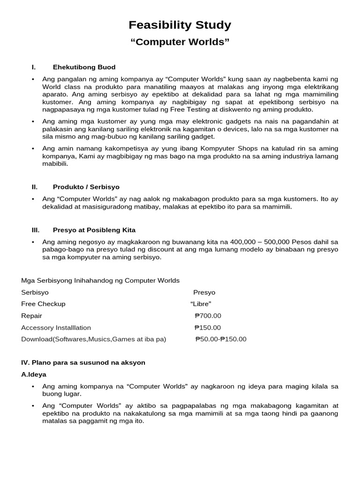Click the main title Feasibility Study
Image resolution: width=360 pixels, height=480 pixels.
pyautogui.click(x=180, y=25)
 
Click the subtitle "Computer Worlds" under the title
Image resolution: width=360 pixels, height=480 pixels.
pyautogui.click(x=180, y=43)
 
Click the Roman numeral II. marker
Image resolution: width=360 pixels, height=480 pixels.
pyautogui.click(x=34, y=187)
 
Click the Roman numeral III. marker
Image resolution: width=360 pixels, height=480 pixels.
pyautogui.click(x=35, y=230)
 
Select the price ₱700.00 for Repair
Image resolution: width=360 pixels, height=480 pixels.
pyautogui.click(x=208, y=316)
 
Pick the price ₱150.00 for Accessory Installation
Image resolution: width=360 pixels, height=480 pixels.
pyautogui.click(x=208, y=328)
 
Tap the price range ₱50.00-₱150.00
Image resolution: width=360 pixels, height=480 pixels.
pyautogui.click(x=220, y=339)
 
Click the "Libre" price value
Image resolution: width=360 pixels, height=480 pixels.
pyautogui.click(x=201, y=304)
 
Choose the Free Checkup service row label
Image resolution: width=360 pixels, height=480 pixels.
pyautogui.click(x=43, y=304)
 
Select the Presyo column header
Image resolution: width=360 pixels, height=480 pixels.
pyautogui.click(x=204, y=292)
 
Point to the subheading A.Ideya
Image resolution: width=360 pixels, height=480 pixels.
pyautogui.click(x=34, y=375)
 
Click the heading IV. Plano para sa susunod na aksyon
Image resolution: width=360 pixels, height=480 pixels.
pyautogui.click(x=83, y=362)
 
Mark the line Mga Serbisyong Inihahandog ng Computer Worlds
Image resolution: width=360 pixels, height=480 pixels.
pyautogui.click(x=100, y=280)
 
